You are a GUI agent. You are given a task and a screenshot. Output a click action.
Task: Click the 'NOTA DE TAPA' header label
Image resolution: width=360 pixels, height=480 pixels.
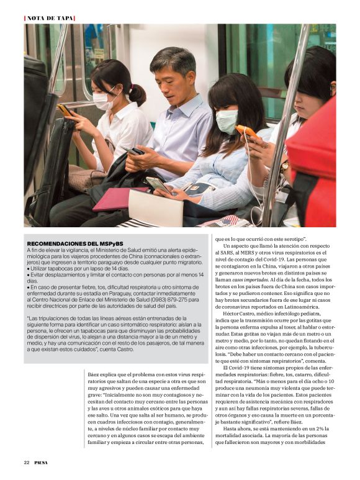(x=49, y=17)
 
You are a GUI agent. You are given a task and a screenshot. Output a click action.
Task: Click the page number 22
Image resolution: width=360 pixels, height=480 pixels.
(x=27, y=463)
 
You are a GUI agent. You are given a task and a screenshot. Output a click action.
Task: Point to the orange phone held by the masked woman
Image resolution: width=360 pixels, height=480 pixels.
(x=248, y=132)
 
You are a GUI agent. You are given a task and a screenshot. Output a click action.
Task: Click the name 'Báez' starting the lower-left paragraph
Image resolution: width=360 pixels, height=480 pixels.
(x=95, y=375)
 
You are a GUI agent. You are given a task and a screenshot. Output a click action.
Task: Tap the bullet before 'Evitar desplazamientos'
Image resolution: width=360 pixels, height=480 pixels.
(x=29, y=274)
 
